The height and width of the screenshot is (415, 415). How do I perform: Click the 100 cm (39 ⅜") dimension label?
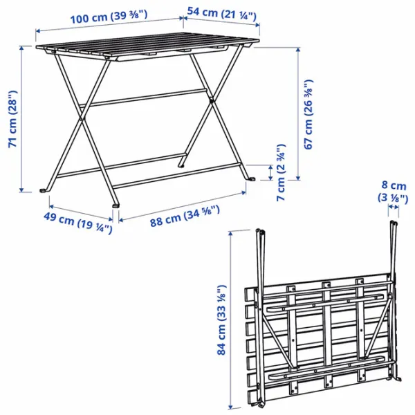coord(109,17)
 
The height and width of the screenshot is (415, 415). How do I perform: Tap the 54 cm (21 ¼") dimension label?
coord(222,14)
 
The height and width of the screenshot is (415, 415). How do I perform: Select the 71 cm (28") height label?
coord(13,119)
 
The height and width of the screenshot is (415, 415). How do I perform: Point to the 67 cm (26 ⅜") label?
coord(308,114)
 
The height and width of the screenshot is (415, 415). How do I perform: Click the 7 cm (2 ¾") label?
coord(281,172)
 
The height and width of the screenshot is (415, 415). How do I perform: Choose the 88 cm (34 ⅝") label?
coord(185,216)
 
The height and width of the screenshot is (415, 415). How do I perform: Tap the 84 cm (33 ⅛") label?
coord(221,320)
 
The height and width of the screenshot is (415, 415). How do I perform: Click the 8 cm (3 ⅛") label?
coord(393,192)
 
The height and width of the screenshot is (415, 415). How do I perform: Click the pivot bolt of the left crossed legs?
coord(81,119)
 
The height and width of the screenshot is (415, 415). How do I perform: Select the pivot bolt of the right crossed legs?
coord(211,100)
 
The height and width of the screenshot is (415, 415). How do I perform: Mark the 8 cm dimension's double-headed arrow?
coord(394,207)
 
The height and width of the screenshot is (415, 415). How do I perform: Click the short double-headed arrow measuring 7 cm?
coord(270,172)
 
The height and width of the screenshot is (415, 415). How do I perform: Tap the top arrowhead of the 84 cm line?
coord(230,234)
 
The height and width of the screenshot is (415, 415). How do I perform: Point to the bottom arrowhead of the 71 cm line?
coord(21,190)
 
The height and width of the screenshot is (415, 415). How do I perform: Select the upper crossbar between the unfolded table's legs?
coord(143,98)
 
